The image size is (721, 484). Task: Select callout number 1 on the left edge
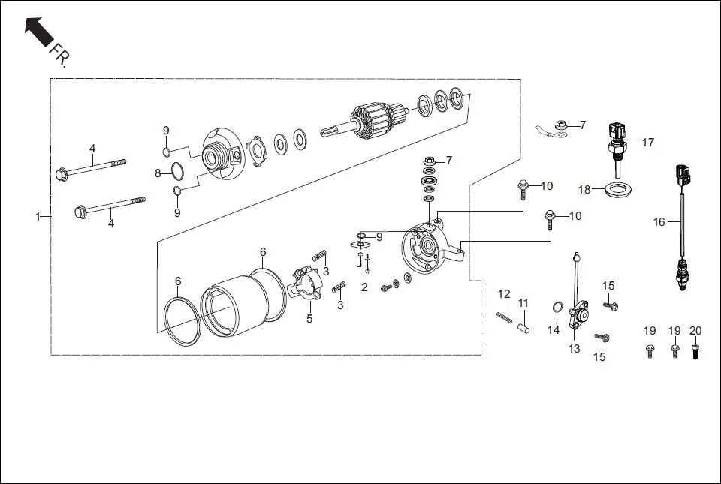(x=38, y=217)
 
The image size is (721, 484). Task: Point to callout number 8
(x=158, y=173)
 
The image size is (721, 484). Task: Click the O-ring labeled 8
(x=175, y=171)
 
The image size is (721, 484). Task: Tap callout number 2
(x=364, y=287)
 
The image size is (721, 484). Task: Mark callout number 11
(x=523, y=303)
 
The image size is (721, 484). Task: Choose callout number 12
(x=504, y=293)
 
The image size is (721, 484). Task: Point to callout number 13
(x=574, y=349)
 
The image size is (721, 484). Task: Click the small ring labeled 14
(x=557, y=308)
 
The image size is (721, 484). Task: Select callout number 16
(x=659, y=222)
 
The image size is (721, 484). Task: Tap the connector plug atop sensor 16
(x=680, y=174)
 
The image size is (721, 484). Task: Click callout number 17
(x=647, y=142)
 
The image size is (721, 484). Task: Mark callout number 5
(x=309, y=319)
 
